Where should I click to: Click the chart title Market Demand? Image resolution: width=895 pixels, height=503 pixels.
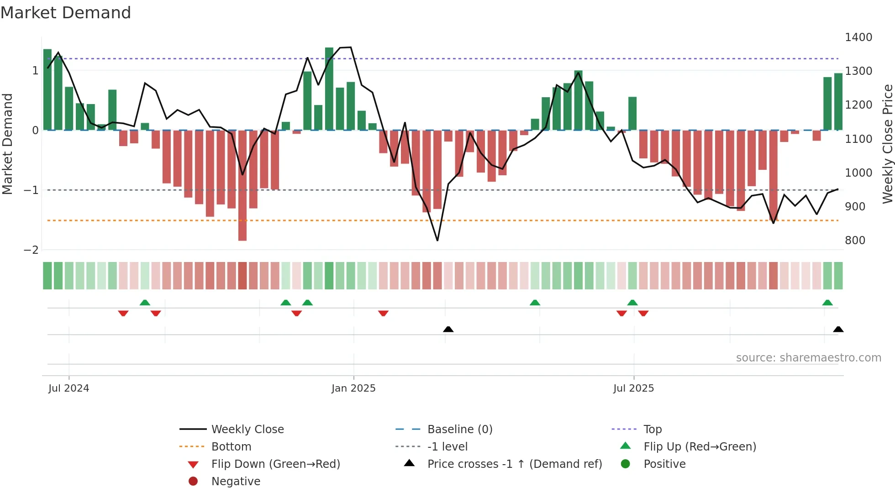coord(66,13)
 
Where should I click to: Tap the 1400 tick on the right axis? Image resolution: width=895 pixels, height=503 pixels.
coord(858,37)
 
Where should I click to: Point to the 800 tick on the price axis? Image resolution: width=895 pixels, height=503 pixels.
coord(855,241)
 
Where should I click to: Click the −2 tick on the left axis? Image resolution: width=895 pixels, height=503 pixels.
coord(31,250)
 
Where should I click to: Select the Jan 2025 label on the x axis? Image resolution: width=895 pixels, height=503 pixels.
coord(353,388)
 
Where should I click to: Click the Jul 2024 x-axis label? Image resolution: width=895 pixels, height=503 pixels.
coord(68,388)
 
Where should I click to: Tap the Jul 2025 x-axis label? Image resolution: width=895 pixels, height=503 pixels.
coord(633,388)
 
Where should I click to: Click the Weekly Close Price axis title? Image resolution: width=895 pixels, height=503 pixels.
coord(887,144)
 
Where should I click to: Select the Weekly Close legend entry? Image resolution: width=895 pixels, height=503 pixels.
coord(247,430)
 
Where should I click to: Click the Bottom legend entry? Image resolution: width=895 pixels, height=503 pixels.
coord(231,447)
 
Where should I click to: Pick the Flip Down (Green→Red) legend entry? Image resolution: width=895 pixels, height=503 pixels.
coord(275,464)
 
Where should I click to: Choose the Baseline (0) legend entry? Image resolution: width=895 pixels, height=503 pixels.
coord(459,430)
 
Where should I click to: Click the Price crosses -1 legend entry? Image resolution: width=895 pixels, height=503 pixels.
coord(514,464)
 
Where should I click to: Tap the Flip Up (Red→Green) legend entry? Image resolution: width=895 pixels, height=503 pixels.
coord(700,447)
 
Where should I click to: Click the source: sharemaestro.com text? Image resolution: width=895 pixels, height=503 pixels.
coord(808,358)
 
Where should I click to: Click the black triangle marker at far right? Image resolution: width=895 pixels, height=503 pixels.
coord(838,330)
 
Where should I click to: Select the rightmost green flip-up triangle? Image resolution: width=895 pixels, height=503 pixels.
coord(827,303)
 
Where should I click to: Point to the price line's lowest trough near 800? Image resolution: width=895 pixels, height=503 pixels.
coord(437,240)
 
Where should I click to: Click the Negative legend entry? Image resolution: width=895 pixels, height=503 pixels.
coord(236,482)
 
